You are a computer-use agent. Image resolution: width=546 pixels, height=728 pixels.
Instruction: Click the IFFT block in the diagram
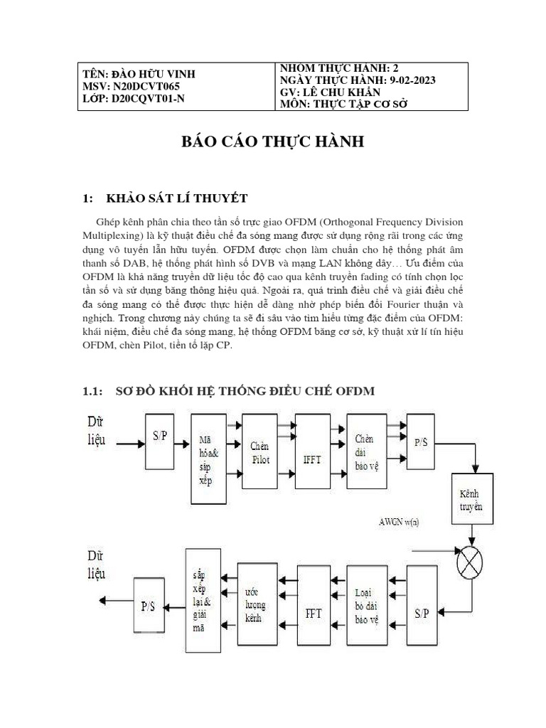click(314, 459)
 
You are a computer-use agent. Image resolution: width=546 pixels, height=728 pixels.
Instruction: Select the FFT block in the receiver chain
click(314, 612)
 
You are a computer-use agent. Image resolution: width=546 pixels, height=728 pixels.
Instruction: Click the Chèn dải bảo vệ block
click(365, 449)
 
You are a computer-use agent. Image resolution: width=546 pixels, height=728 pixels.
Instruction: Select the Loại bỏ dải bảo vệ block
click(365, 606)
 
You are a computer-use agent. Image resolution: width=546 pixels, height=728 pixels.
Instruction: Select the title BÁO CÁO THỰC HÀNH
click(273, 142)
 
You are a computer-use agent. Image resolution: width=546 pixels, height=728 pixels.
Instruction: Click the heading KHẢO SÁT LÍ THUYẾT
click(176, 198)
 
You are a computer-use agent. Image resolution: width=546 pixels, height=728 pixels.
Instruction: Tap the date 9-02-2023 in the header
click(410, 80)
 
